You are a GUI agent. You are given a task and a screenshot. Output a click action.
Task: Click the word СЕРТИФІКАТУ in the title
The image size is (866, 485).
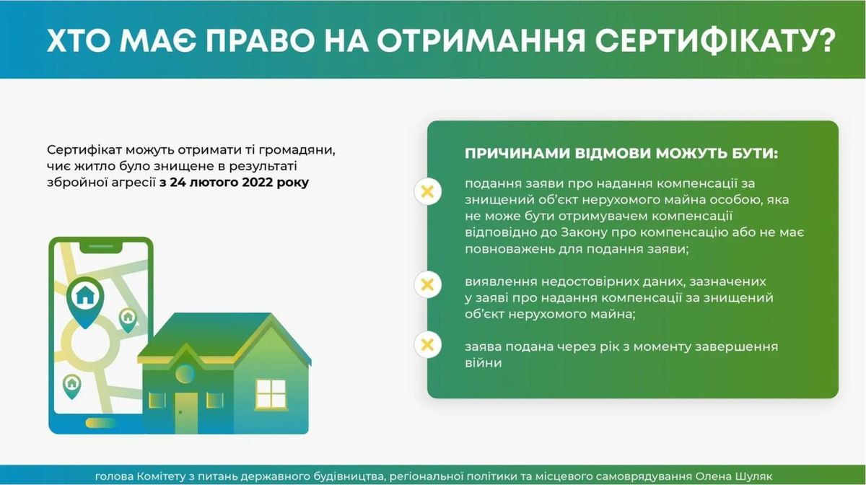716,40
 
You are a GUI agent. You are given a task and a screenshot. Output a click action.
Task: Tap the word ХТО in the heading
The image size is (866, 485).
79,40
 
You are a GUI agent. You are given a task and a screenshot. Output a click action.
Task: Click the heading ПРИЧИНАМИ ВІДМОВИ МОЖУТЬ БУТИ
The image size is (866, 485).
621,153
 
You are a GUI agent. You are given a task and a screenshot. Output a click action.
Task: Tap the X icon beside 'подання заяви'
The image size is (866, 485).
427,191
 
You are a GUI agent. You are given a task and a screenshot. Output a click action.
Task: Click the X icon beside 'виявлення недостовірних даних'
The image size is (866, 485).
427,284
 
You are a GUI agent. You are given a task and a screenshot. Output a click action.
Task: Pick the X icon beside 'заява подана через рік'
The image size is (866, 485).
427,344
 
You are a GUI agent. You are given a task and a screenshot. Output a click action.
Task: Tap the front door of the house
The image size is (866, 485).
185,412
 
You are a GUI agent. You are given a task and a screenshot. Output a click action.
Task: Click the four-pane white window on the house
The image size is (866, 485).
271,394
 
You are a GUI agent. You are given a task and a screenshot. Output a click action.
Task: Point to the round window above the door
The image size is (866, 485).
185,374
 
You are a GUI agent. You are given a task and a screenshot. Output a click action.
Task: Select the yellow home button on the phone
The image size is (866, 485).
100,423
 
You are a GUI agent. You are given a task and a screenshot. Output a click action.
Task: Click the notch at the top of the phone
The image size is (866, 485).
101,247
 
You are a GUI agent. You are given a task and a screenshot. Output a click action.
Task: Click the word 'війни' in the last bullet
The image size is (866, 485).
484,363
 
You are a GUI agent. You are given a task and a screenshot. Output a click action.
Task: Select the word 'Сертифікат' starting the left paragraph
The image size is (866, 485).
83,149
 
